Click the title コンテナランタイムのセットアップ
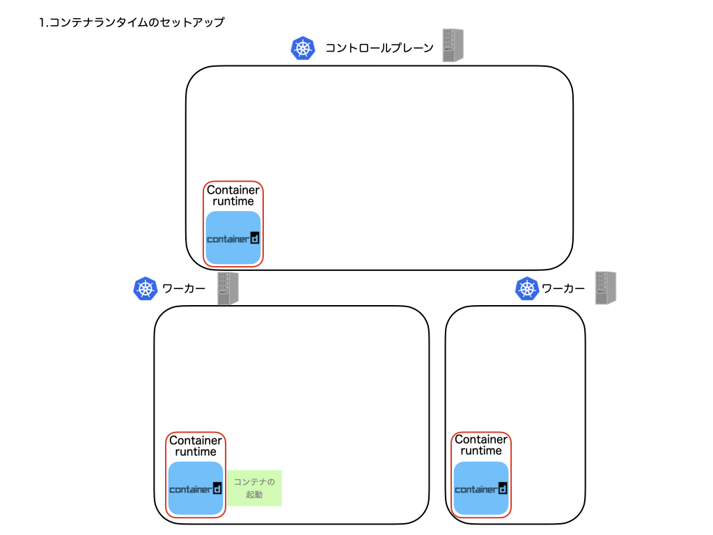pos(136,22)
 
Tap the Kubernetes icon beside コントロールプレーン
pos(303,48)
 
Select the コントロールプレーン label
pos(379,48)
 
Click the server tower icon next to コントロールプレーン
pos(453,45)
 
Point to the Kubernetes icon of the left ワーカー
pos(146,288)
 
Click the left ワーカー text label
pos(184,288)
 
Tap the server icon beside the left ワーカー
pos(228,288)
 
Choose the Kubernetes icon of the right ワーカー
pos(527,288)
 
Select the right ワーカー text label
pos(563,288)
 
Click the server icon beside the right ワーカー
pos(606,288)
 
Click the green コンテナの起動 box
pos(255,488)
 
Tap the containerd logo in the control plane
pos(233,238)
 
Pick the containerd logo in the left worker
pos(196,489)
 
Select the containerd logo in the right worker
pos(481,489)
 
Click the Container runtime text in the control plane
pos(233,196)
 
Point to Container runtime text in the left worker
pos(196,446)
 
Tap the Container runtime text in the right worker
pos(481,445)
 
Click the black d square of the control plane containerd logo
pos(255,238)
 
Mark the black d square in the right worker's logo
pos(503,488)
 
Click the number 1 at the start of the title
pos(42,23)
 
